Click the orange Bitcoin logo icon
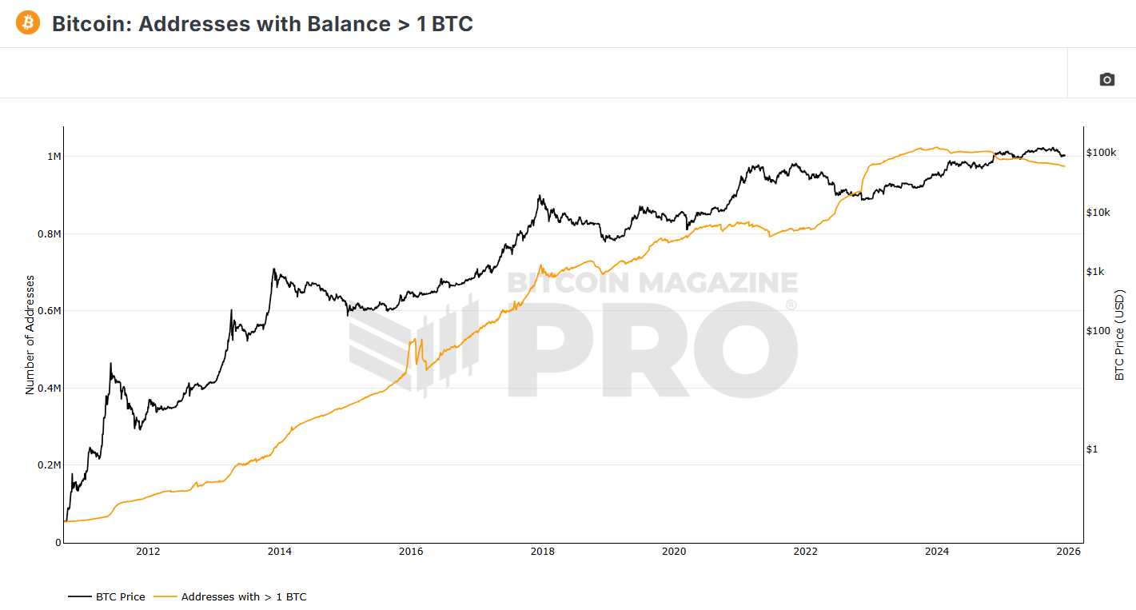27,23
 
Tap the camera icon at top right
1106,79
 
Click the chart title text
262,24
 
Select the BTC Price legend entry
107,596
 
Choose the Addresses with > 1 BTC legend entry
230,596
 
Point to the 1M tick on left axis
54,157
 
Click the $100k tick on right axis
1101,153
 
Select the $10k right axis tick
1098,213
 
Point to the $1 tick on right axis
1092,449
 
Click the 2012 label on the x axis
148,552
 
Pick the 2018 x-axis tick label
542,552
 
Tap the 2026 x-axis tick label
1068,552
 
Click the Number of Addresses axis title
30,334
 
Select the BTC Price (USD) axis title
1119,335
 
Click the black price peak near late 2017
540,196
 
